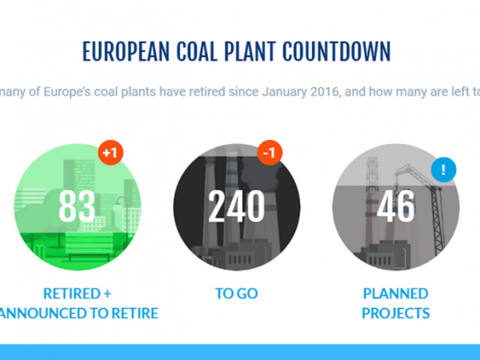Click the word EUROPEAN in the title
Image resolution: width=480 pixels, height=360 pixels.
point(126,51)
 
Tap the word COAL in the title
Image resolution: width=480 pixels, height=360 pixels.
point(197,51)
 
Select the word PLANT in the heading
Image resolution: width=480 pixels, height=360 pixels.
point(250,51)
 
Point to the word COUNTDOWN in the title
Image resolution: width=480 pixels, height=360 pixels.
point(337,51)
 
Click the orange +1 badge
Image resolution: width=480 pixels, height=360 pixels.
point(110,153)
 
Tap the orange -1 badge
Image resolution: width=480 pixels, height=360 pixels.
point(270,153)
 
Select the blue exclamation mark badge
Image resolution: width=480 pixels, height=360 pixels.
point(443,170)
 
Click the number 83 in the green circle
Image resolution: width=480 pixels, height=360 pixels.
point(77,206)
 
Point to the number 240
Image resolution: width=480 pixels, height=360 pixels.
point(236,206)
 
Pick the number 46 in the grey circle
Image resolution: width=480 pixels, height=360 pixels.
point(396,206)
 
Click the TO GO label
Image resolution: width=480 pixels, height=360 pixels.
point(237,294)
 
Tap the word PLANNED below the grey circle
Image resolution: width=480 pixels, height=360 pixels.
point(395,294)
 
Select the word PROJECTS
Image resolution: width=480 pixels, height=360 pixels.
point(395,313)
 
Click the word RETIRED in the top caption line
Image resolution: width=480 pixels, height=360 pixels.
point(72,294)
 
